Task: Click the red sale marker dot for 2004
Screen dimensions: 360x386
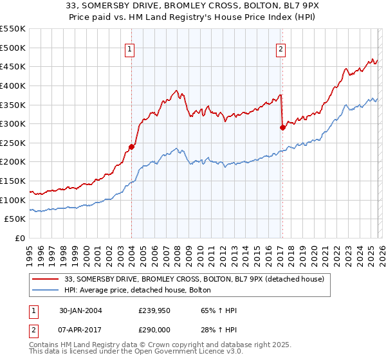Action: (131, 147)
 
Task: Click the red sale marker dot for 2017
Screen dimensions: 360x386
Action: (282, 127)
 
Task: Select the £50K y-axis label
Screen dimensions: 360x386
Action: (15, 219)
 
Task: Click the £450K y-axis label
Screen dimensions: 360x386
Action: (13, 66)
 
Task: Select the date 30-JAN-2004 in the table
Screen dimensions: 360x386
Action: (79, 310)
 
